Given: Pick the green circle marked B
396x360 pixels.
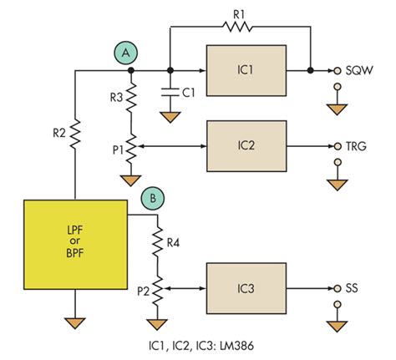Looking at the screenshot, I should [x=152, y=199].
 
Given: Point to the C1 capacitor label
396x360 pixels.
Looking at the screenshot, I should [x=190, y=93].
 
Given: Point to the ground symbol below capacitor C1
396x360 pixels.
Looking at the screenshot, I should [x=170, y=118].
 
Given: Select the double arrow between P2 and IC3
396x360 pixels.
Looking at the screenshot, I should [x=185, y=289].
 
